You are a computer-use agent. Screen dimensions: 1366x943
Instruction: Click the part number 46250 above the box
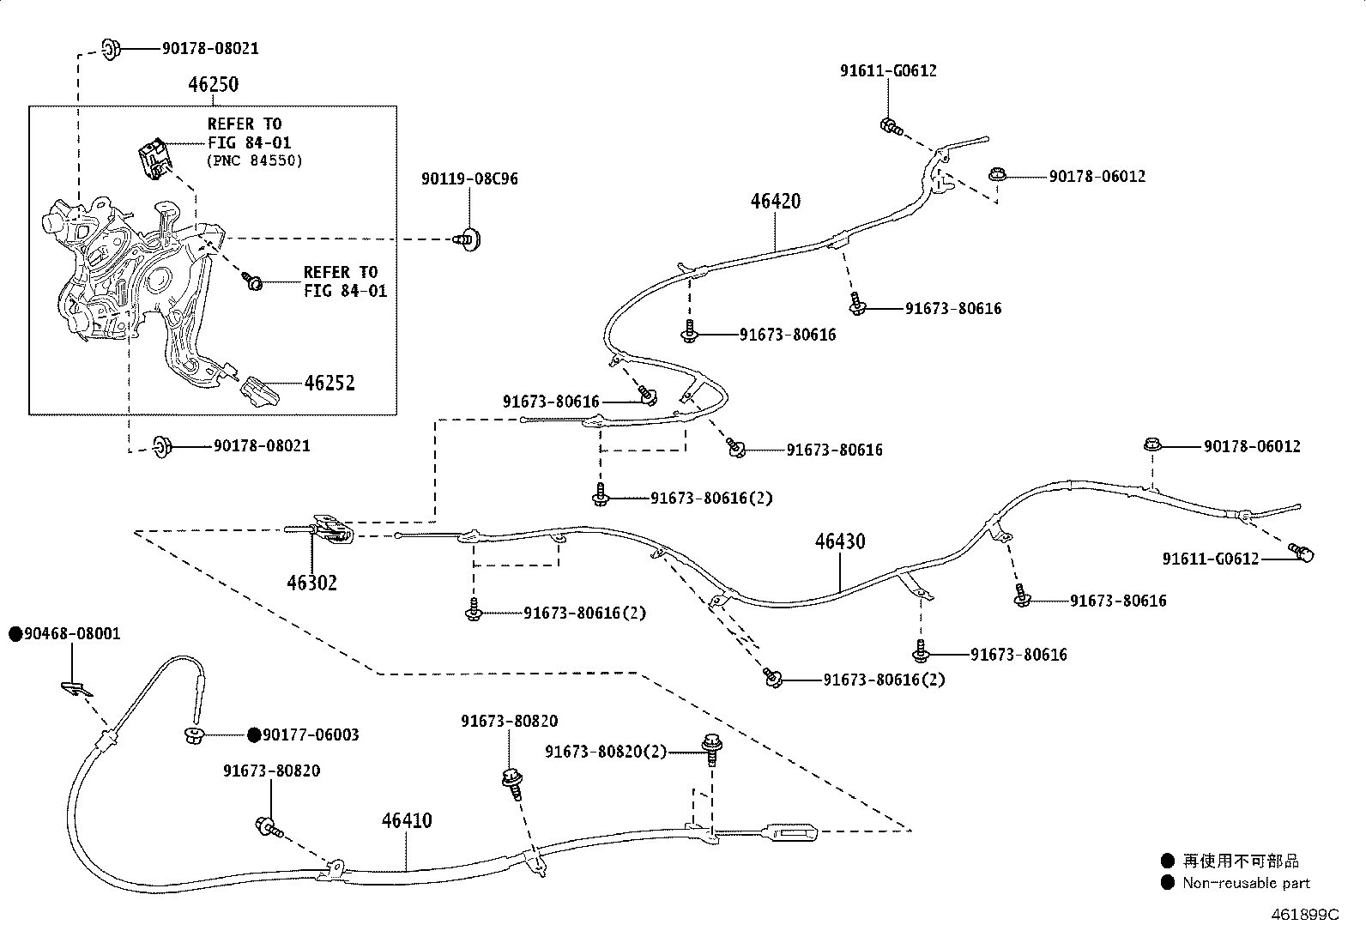pyautogui.click(x=213, y=84)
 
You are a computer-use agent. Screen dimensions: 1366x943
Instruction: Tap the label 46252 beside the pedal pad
pyautogui.click(x=329, y=383)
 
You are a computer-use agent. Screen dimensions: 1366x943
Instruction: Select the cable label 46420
pyautogui.click(x=776, y=201)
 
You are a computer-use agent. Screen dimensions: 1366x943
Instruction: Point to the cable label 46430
pyautogui.click(x=840, y=541)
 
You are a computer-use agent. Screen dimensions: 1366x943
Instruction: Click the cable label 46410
pyautogui.click(x=407, y=820)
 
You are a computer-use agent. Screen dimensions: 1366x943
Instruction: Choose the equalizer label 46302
pyautogui.click(x=311, y=583)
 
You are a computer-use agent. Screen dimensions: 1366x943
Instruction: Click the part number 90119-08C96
pyautogui.click(x=469, y=178)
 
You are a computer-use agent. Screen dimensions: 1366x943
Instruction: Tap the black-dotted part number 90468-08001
pyautogui.click(x=65, y=634)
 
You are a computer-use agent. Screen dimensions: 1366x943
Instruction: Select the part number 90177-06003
pyautogui.click(x=304, y=735)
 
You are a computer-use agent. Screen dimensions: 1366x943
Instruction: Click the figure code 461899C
pyautogui.click(x=1305, y=915)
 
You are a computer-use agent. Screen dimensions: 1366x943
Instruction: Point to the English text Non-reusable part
pyautogui.click(x=1247, y=883)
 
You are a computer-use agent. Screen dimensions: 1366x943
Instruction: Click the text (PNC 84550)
pyautogui.click(x=255, y=160)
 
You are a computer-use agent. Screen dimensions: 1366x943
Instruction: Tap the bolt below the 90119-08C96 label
pyautogui.click(x=468, y=239)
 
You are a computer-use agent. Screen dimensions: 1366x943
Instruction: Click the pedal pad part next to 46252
pyautogui.click(x=260, y=391)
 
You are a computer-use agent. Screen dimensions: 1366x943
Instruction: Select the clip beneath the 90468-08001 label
pyautogui.click(x=76, y=689)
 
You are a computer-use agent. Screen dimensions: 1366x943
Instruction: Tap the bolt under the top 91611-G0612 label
pyautogui.click(x=891, y=128)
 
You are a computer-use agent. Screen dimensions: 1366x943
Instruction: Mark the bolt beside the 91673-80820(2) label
pyautogui.click(x=711, y=748)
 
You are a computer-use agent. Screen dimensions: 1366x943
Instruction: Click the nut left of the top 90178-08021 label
pyautogui.click(x=111, y=49)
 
